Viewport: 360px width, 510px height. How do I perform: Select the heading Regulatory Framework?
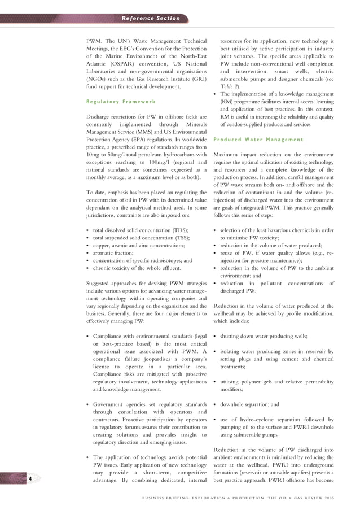(121, 102)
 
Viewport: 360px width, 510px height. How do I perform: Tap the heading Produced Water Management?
(258, 140)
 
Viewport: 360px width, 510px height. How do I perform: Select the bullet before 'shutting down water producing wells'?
(216, 336)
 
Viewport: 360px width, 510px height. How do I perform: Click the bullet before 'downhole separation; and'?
(216, 405)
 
